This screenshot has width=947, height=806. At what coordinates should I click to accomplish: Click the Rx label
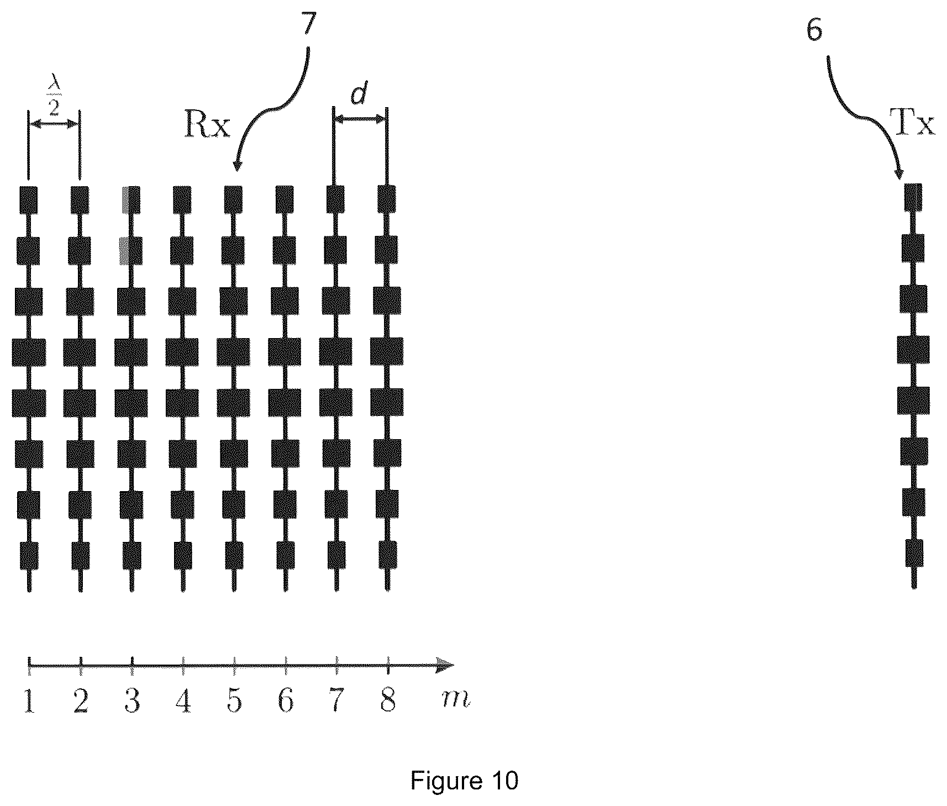[207, 127]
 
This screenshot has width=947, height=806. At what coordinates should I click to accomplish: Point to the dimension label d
[359, 96]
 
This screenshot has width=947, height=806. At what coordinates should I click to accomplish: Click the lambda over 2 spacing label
[54, 99]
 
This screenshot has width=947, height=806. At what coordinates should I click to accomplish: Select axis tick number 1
[29, 702]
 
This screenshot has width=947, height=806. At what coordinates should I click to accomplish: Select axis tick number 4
[183, 702]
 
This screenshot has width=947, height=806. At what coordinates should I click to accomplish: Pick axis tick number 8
[388, 702]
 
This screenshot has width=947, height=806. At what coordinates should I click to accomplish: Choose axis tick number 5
[234, 702]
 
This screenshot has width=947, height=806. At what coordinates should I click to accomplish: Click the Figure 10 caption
[465, 781]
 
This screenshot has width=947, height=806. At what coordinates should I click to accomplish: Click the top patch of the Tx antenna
[913, 197]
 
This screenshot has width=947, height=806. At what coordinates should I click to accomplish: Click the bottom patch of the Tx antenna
[914, 552]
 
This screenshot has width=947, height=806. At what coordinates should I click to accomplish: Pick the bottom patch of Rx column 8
[388, 555]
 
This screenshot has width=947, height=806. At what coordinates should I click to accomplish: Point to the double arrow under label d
[359, 119]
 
